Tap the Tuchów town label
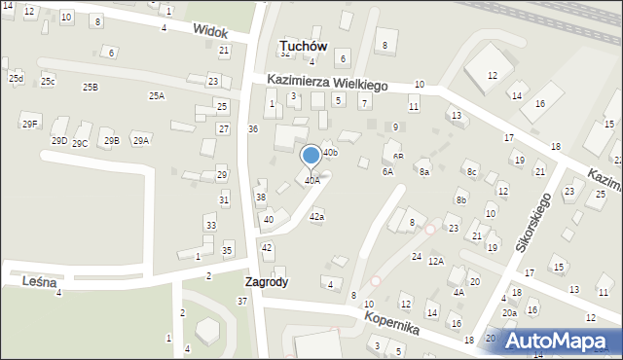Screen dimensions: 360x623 coord(302,46)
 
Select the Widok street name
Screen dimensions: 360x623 coord(210,31)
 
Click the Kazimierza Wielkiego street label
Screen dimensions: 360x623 coord(328,84)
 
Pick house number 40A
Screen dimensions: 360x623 coord(311,180)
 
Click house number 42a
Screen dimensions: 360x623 coord(316,217)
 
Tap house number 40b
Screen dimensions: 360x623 coord(330,153)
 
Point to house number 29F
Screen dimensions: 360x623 coord(30,124)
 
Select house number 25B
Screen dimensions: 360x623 coord(90,88)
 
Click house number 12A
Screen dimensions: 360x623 coord(436,261)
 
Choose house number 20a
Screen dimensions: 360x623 coord(509,313)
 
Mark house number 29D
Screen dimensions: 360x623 coord(59,141)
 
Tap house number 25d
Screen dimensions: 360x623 coord(16,78)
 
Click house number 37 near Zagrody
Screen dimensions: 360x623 coord(242,301)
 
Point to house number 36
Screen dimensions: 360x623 coord(252,129)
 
